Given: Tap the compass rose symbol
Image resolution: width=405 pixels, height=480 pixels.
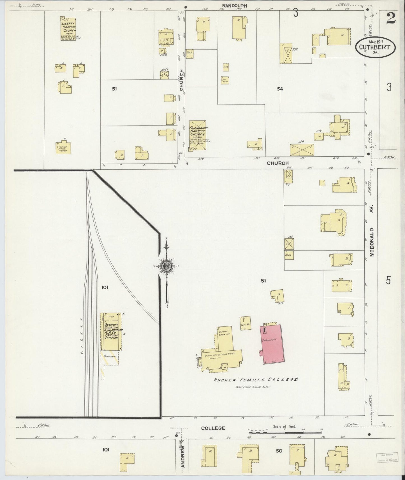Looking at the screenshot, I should pyautogui.click(x=166, y=266).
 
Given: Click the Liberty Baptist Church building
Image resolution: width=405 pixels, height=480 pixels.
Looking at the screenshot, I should pyautogui.click(x=69, y=29).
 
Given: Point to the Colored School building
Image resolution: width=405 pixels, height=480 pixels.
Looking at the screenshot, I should pyautogui.click(x=63, y=148).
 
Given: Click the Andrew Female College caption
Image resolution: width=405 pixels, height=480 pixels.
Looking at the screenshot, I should pyautogui.click(x=256, y=380).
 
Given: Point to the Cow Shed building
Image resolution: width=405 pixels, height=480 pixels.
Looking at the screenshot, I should pyautogui.click(x=225, y=80).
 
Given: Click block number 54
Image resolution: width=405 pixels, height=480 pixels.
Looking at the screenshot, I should pyautogui.click(x=280, y=89).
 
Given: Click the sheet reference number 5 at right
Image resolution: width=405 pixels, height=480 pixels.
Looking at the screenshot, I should pyautogui.click(x=388, y=280).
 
